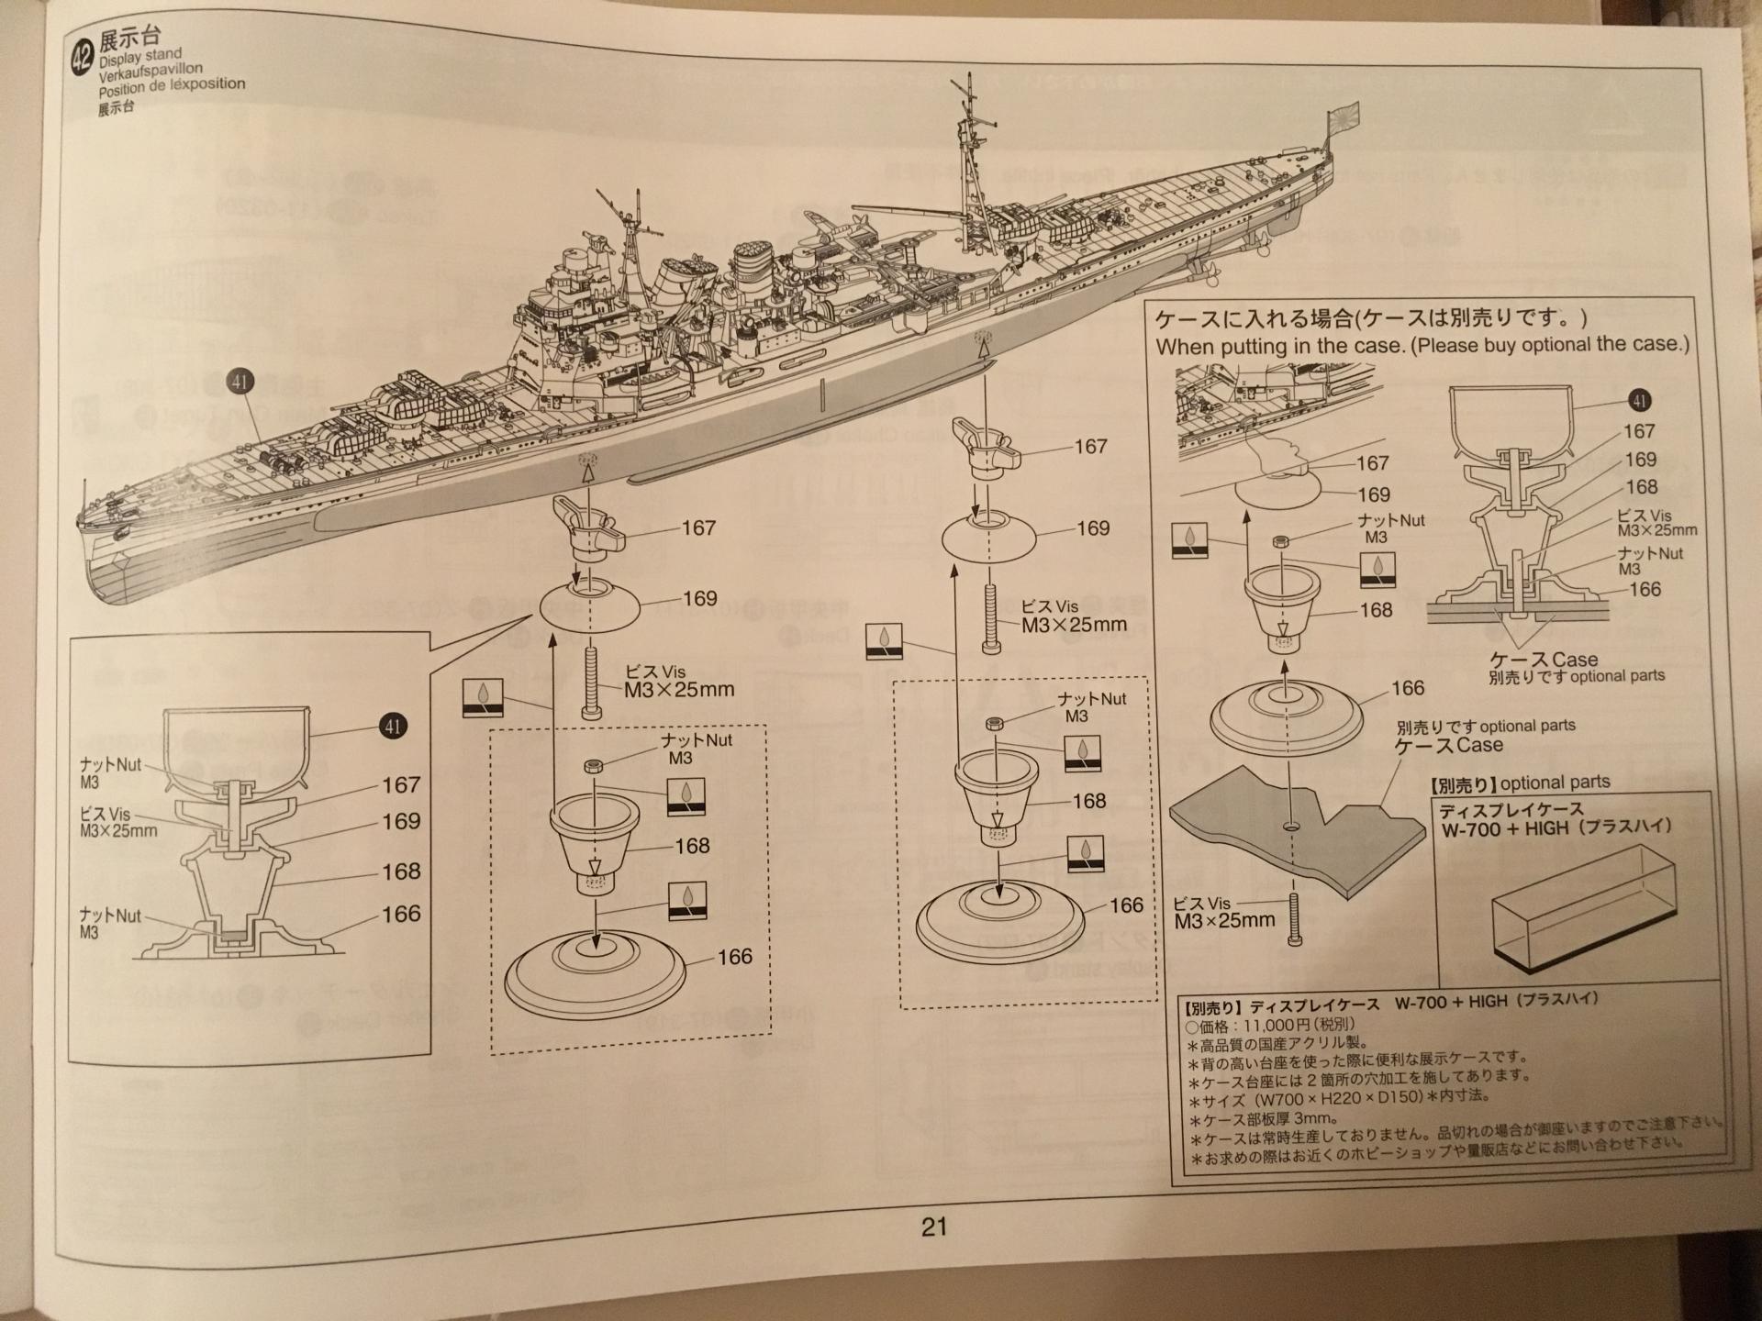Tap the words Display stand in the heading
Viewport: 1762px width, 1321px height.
140,57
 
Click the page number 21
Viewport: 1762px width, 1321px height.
934,1226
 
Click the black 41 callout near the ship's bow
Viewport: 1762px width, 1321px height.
240,381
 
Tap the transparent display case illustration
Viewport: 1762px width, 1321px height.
1583,904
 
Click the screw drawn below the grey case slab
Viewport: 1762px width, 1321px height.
1295,920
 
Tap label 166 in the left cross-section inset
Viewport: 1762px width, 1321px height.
401,914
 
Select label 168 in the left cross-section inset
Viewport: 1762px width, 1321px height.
401,871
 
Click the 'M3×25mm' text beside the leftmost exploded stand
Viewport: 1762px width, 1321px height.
679,690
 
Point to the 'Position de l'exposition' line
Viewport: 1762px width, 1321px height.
172,86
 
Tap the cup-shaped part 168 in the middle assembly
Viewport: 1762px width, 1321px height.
996,789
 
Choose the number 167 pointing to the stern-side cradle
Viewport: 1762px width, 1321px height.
1090,447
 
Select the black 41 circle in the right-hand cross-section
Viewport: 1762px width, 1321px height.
1639,400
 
